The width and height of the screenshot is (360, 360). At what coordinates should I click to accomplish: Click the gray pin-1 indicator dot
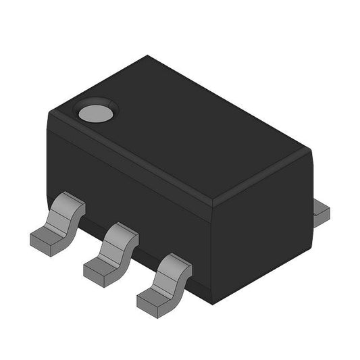(95, 112)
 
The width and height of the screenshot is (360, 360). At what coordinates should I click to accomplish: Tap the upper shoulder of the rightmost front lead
(175, 263)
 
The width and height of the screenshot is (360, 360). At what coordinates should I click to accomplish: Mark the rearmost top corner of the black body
(147, 57)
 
